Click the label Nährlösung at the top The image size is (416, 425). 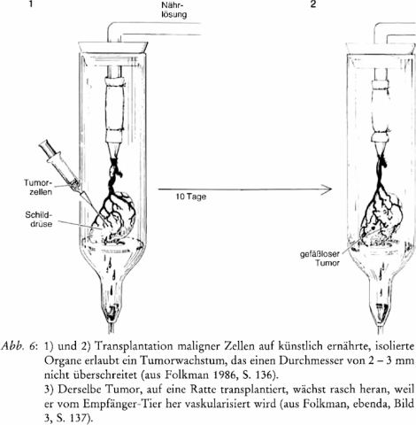(174, 10)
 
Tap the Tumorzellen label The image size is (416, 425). (38, 187)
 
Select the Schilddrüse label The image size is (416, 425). (39, 219)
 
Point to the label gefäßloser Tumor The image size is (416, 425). (320, 259)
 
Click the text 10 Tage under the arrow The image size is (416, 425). (191, 197)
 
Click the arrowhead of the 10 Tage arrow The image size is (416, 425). (327, 189)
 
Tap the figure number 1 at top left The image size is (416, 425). (31, 4)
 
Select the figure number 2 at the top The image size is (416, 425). (313, 4)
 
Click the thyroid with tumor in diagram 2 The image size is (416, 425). (381, 219)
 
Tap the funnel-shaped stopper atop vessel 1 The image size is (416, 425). (113, 47)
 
